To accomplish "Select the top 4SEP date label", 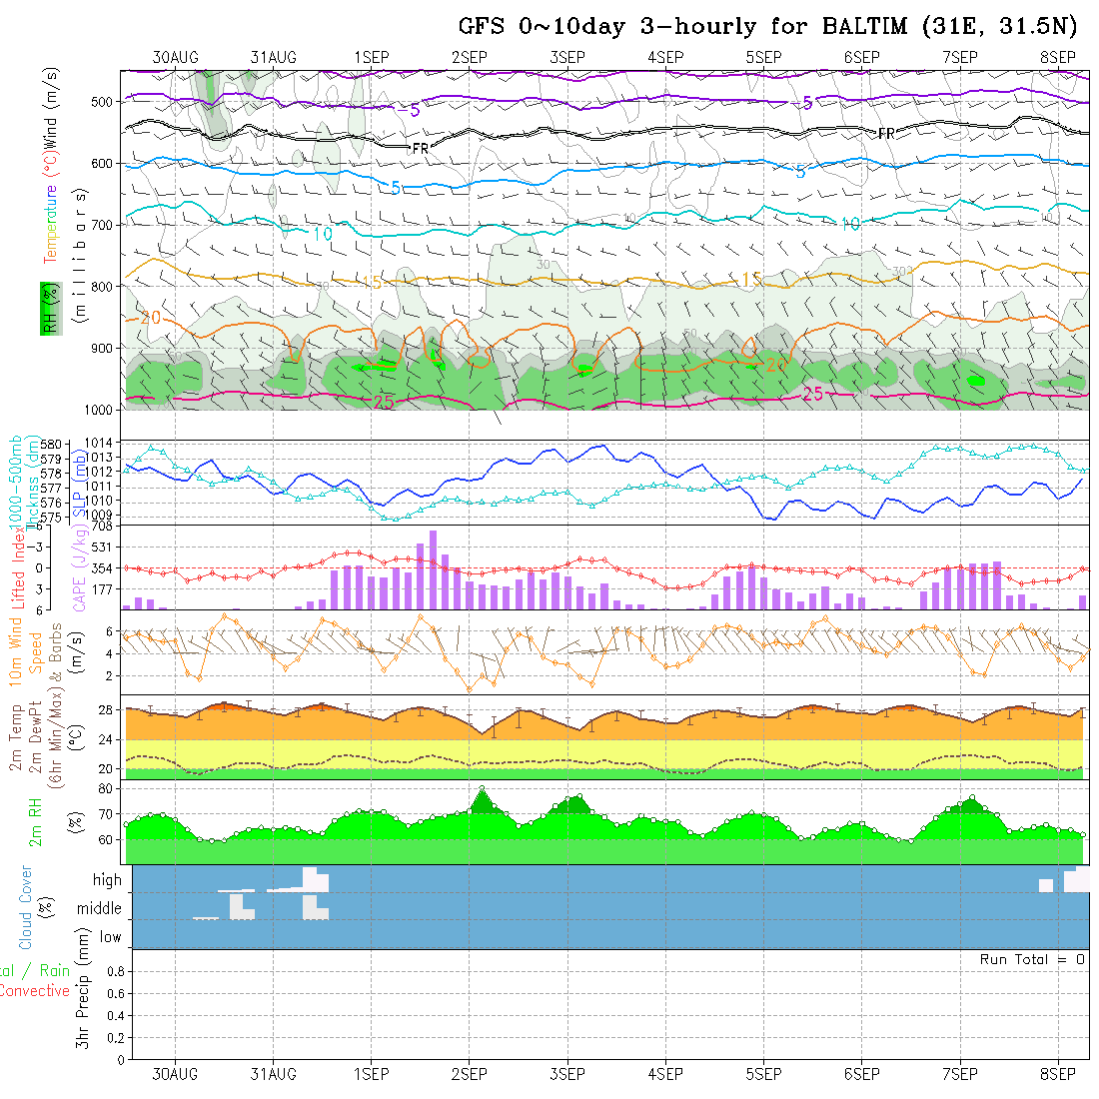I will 664,57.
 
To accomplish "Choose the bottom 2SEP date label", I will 469,1074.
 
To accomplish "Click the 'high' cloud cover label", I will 107,880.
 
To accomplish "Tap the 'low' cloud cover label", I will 110,937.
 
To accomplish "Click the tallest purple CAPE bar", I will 433,569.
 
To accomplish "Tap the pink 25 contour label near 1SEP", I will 383,402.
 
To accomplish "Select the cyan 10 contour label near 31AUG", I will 322,234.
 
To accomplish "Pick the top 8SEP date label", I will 1057,57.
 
